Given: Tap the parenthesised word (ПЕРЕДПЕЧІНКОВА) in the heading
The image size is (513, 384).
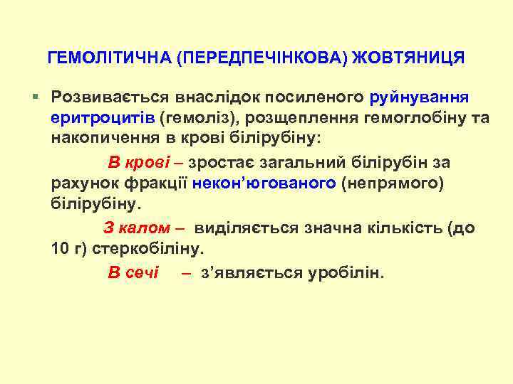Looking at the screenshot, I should click(x=264, y=58).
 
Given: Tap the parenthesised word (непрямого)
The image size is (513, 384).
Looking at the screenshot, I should click(x=393, y=183).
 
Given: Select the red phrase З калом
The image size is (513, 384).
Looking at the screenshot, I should click(x=137, y=229).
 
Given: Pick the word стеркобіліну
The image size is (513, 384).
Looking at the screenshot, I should click(x=152, y=250).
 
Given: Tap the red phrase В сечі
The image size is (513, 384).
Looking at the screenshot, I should click(x=133, y=273).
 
